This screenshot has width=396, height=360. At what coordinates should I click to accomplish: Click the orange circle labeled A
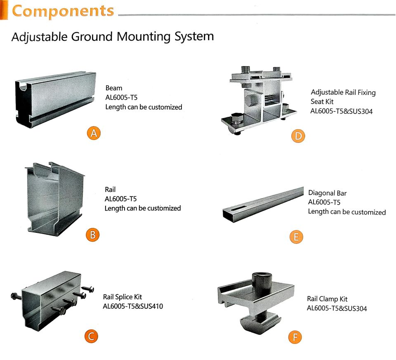click(94, 133)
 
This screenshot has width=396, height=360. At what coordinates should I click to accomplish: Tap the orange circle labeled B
click(93, 235)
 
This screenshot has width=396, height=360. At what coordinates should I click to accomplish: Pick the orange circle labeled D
click(297, 136)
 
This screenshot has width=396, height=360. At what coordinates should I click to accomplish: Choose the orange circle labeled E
click(296, 237)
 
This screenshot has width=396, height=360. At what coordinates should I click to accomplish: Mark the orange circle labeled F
click(295, 337)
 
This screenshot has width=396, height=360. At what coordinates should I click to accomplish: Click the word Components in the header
click(63, 11)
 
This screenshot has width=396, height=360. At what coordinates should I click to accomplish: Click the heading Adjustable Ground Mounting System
click(112, 36)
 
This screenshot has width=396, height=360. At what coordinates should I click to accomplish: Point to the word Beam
click(114, 88)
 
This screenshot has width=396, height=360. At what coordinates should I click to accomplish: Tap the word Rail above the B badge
click(110, 190)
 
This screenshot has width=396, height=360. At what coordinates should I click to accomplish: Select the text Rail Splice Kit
click(123, 297)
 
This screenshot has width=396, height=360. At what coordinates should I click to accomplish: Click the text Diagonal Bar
click(327, 193)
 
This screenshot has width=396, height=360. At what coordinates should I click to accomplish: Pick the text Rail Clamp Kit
click(327, 299)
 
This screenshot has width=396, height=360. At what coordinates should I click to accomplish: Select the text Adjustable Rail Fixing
click(343, 92)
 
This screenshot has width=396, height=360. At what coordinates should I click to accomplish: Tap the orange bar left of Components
click(4, 10)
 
